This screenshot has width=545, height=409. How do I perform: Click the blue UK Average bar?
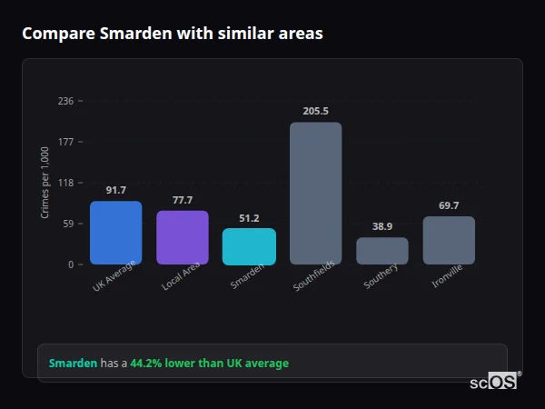point(115,233)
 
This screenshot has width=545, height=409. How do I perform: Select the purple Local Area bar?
point(183,237)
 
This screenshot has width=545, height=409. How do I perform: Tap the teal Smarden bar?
point(249,246)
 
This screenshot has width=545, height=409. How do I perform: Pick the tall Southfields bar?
point(315,193)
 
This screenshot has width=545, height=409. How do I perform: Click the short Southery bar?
point(382,251)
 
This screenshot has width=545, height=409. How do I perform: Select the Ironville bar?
point(449,240)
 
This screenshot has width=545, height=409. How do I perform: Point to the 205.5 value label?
point(315,111)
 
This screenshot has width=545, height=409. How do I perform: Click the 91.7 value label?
point(115,190)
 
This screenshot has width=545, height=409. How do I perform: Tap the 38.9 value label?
point(382,226)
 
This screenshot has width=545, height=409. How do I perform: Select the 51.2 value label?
point(249,218)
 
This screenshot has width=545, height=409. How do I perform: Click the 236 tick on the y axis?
point(65,101)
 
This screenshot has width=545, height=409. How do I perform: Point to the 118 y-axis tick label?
point(65,183)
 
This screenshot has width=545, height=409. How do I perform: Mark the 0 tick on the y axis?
point(70,264)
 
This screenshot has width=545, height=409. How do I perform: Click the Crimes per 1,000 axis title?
point(45,183)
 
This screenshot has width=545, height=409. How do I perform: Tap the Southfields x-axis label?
point(315,276)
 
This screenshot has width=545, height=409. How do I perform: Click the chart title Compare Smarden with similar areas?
point(173,34)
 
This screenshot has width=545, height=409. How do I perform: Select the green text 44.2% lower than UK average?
point(209,364)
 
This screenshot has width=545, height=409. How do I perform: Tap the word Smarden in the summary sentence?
point(73,364)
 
